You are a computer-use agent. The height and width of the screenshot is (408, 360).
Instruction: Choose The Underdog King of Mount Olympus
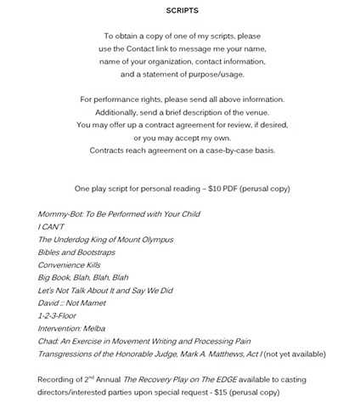coord(105,241)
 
